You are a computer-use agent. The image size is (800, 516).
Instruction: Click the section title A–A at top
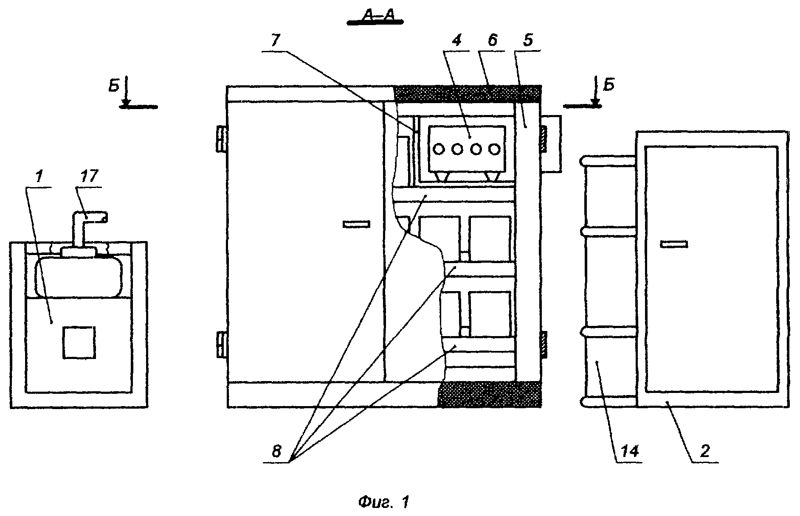click(375, 16)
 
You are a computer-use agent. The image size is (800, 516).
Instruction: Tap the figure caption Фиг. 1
click(383, 503)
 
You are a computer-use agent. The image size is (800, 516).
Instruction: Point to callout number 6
click(492, 41)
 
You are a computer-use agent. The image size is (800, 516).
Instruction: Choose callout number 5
click(528, 41)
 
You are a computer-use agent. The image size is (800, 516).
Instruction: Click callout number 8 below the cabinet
click(276, 451)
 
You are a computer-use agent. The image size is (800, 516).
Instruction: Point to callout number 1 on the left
click(39, 177)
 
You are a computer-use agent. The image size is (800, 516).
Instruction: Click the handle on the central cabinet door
click(356, 224)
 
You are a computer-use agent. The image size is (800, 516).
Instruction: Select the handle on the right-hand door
click(674, 244)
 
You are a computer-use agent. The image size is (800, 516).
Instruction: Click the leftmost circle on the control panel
click(439, 149)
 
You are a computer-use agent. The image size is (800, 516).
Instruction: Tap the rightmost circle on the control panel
click(493, 149)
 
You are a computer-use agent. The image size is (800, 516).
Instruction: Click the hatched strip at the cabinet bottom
click(490, 394)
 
